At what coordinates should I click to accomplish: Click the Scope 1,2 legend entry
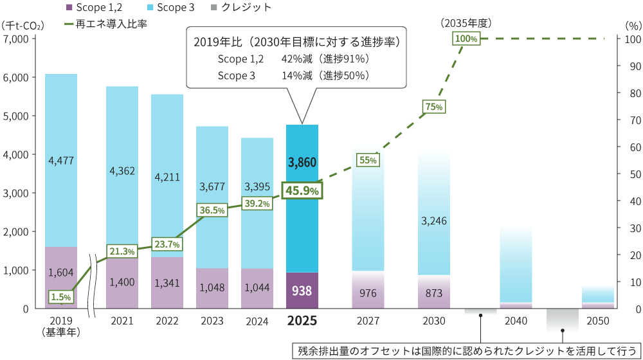point(94,7)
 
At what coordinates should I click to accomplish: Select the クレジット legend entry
point(240,7)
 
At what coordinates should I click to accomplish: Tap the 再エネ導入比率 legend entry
point(106,24)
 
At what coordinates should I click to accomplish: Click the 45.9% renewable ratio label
point(302,191)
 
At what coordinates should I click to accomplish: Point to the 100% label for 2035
point(466,39)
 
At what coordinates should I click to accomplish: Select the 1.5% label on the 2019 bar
point(61,297)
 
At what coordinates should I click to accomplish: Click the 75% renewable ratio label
point(434,107)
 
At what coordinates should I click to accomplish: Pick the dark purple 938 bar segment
point(302,291)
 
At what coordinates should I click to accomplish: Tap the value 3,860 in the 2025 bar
point(302,163)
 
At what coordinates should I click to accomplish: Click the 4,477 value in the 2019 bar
point(61,160)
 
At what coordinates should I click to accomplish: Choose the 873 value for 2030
point(434,293)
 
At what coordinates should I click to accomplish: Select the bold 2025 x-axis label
point(302,321)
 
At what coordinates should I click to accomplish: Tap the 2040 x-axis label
point(516,321)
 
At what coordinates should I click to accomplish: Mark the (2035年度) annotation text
point(466,23)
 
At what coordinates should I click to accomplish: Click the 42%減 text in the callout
point(297,59)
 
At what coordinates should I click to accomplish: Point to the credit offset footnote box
point(466,351)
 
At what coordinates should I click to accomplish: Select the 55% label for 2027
point(368,160)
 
